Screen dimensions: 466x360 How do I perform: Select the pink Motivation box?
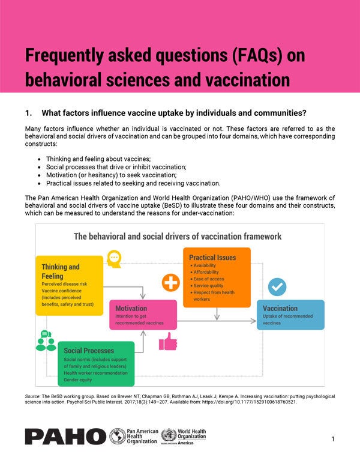[142, 315]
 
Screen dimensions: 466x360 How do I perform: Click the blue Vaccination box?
[290, 314]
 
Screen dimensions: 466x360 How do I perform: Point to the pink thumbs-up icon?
[167, 341]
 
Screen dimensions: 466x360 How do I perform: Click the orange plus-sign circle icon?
[172, 282]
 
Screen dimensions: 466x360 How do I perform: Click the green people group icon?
[46, 340]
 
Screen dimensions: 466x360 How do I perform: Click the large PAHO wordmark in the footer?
[64, 437]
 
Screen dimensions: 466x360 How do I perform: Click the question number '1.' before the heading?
[28, 113]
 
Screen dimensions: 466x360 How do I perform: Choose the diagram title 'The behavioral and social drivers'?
[178, 236]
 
